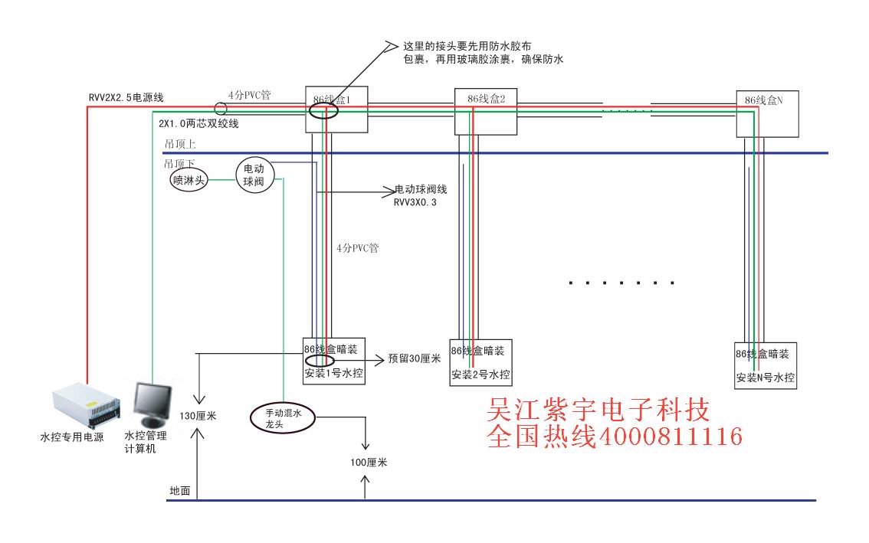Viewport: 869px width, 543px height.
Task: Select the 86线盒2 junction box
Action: click(x=487, y=110)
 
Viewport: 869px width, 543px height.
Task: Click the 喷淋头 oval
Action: click(x=189, y=181)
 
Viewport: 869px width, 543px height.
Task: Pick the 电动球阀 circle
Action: click(x=254, y=175)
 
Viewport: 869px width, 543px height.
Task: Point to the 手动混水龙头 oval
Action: click(x=284, y=417)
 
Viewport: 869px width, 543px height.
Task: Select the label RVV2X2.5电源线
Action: click(x=125, y=97)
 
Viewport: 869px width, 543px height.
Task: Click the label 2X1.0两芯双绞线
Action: click(x=198, y=123)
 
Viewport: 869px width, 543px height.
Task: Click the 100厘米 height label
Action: click(x=367, y=463)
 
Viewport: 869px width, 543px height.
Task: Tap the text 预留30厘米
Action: click(x=415, y=358)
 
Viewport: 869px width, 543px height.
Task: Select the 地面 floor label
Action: click(x=180, y=490)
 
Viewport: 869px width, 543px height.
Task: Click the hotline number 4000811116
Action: click(x=669, y=437)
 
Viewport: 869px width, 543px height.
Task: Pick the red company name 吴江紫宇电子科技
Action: click(x=599, y=410)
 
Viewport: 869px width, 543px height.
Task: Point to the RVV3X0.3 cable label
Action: click(x=415, y=202)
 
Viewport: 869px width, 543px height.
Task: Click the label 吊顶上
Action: click(x=180, y=143)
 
